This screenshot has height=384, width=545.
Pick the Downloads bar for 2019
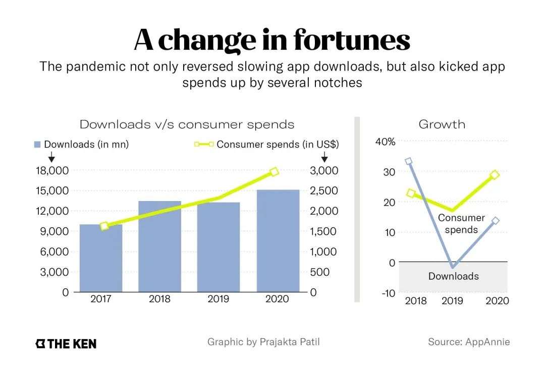pyautogui.click(x=218, y=247)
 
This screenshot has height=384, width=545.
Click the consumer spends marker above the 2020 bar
pyautogui.click(x=274, y=172)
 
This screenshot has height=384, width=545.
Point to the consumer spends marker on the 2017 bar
pyautogui.click(x=104, y=226)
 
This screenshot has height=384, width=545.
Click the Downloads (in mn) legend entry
pyautogui.click(x=82, y=144)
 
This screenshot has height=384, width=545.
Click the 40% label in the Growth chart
pyautogui.click(x=386, y=142)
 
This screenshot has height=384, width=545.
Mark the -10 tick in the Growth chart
pyautogui.click(x=388, y=293)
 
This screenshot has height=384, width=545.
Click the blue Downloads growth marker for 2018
pyautogui.click(x=409, y=161)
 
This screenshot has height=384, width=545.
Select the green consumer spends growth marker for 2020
pyautogui.click(x=495, y=175)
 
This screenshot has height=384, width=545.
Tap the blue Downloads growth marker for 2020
pyautogui.click(x=496, y=220)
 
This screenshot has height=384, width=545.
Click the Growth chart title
pyautogui.click(x=442, y=124)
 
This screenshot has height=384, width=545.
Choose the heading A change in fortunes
pyautogui.click(x=272, y=40)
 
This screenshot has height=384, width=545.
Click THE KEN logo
pyautogui.click(x=66, y=344)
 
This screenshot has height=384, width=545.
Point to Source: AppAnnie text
pyautogui.click(x=469, y=342)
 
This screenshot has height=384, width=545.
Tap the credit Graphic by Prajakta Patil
pyautogui.click(x=263, y=342)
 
